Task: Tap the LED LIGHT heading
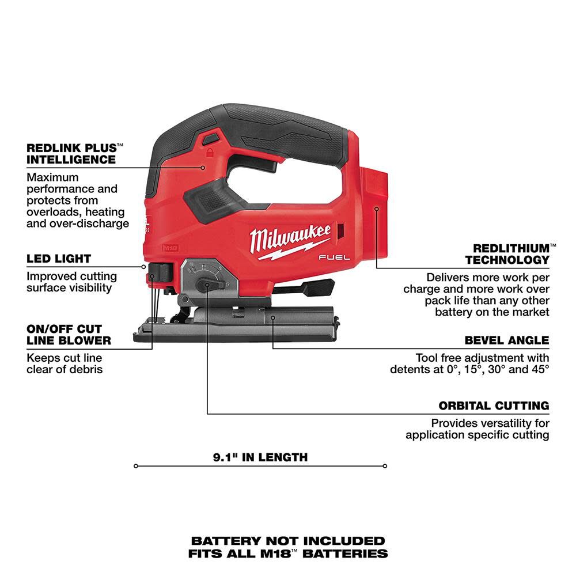(x=59, y=259)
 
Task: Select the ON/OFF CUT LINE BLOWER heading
(x=69, y=334)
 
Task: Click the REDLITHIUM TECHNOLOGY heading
(x=507, y=254)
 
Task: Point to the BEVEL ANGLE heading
(x=507, y=340)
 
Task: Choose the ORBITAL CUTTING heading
(x=494, y=406)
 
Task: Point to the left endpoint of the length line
(x=135, y=465)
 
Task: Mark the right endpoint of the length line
(x=385, y=465)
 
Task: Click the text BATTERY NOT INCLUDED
(x=288, y=541)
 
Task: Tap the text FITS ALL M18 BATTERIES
(x=288, y=554)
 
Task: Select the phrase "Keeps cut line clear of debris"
(x=65, y=363)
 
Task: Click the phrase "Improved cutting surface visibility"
(x=71, y=282)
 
